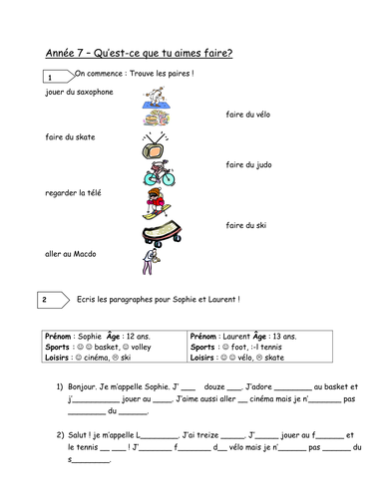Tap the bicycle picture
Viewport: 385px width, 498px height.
point(158,176)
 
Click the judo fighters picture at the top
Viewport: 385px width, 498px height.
point(156,96)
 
